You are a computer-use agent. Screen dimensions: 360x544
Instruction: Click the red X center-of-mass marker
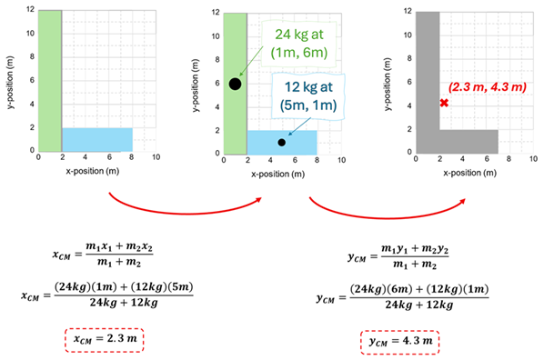[444, 104]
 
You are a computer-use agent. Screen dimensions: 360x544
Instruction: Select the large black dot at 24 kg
[235, 84]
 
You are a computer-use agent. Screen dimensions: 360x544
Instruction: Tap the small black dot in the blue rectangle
[282, 143]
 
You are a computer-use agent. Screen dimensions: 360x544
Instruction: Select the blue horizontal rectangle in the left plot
[96, 139]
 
